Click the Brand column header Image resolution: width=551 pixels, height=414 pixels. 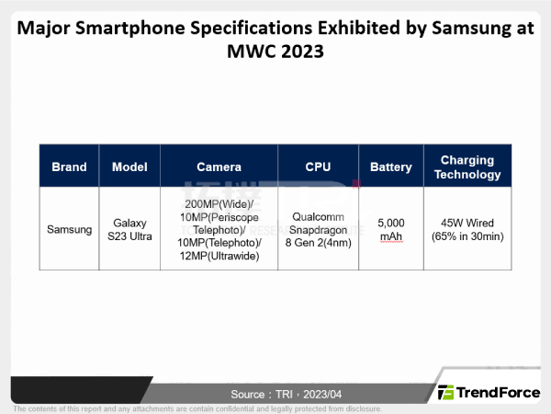(69, 167)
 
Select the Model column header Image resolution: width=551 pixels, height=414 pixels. (129, 167)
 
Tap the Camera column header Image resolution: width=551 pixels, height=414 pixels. (219, 167)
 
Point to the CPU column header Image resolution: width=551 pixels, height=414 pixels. (318, 167)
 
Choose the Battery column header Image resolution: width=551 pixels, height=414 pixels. (390, 167)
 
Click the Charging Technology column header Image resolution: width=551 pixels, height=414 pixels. (467, 167)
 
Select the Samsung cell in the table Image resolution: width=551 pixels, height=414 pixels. (69, 229)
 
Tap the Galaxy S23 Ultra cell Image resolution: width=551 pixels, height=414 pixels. (129, 229)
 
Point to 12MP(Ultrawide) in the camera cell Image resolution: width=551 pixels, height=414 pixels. (219, 256)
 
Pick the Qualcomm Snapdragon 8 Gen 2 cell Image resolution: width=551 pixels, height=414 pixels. (318, 229)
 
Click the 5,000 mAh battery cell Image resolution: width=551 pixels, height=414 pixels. (390, 229)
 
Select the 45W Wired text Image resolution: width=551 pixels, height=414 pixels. (467, 222)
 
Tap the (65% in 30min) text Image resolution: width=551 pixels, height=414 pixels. (467, 236)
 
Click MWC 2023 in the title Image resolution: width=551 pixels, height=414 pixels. (275, 52)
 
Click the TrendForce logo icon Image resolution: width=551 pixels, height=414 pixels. (446, 393)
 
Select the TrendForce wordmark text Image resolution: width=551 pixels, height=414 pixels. (500, 393)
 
